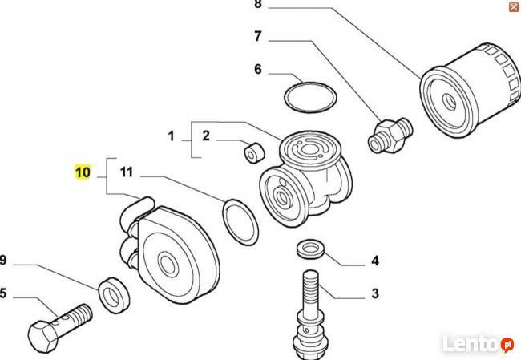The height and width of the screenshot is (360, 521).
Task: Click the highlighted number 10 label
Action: pos(83,171)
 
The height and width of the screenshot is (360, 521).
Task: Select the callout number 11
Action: pos(126,171)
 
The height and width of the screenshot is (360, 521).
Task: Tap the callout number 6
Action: pos(258,69)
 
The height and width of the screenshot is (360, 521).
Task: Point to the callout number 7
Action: pos(258,36)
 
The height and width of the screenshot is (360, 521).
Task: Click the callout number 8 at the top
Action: pos(258,5)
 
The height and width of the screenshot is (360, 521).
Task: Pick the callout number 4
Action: pos(374,261)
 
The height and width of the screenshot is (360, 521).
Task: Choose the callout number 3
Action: pos(374,293)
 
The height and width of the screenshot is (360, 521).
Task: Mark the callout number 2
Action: pos(205,136)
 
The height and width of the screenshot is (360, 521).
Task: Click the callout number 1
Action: pos(171,136)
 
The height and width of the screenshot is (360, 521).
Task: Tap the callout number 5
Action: pos(3,293)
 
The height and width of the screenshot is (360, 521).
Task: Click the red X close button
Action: pos(513,6)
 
